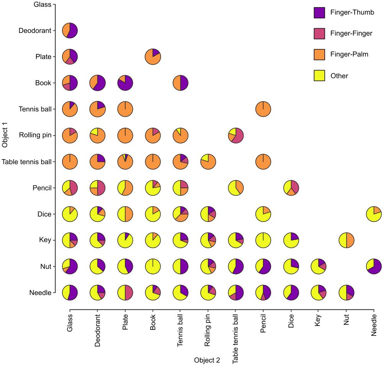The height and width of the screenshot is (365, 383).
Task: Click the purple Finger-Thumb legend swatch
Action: pyautogui.click(x=319, y=13)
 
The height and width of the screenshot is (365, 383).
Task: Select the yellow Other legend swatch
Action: pyautogui.click(x=319, y=76)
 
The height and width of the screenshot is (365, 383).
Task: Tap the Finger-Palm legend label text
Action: pyautogui.click(x=349, y=55)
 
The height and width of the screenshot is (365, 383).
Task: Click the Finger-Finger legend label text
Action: pyautogui.click(x=351, y=34)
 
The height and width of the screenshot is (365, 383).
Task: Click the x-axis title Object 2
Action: pyautogui.click(x=207, y=360)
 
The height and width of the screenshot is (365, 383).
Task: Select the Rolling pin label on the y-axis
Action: pyautogui.click(x=35, y=135)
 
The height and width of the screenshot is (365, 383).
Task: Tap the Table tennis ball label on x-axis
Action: pyautogui.click(x=235, y=339)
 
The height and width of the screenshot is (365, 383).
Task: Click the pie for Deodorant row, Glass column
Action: pyautogui.click(x=70, y=31)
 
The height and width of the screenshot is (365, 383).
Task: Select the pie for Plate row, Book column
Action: pyautogui.click(x=153, y=57)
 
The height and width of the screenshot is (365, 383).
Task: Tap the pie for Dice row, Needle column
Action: pyautogui.click(x=374, y=214)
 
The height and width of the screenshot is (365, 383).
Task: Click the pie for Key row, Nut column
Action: pyautogui.click(x=346, y=240)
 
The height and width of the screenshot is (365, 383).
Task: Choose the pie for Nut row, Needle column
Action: pyautogui.click(x=374, y=266)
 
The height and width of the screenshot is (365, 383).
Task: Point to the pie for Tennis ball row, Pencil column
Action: pyautogui.click(x=263, y=109)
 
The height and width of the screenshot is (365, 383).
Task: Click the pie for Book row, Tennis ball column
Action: pyautogui.click(x=180, y=83)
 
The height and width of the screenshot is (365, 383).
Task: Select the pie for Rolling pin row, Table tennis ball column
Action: pyautogui.click(x=236, y=135)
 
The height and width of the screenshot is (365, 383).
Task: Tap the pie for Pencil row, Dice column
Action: pyautogui.click(x=291, y=188)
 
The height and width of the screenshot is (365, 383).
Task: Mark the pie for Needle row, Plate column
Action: pyautogui.click(x=125, y=293)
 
